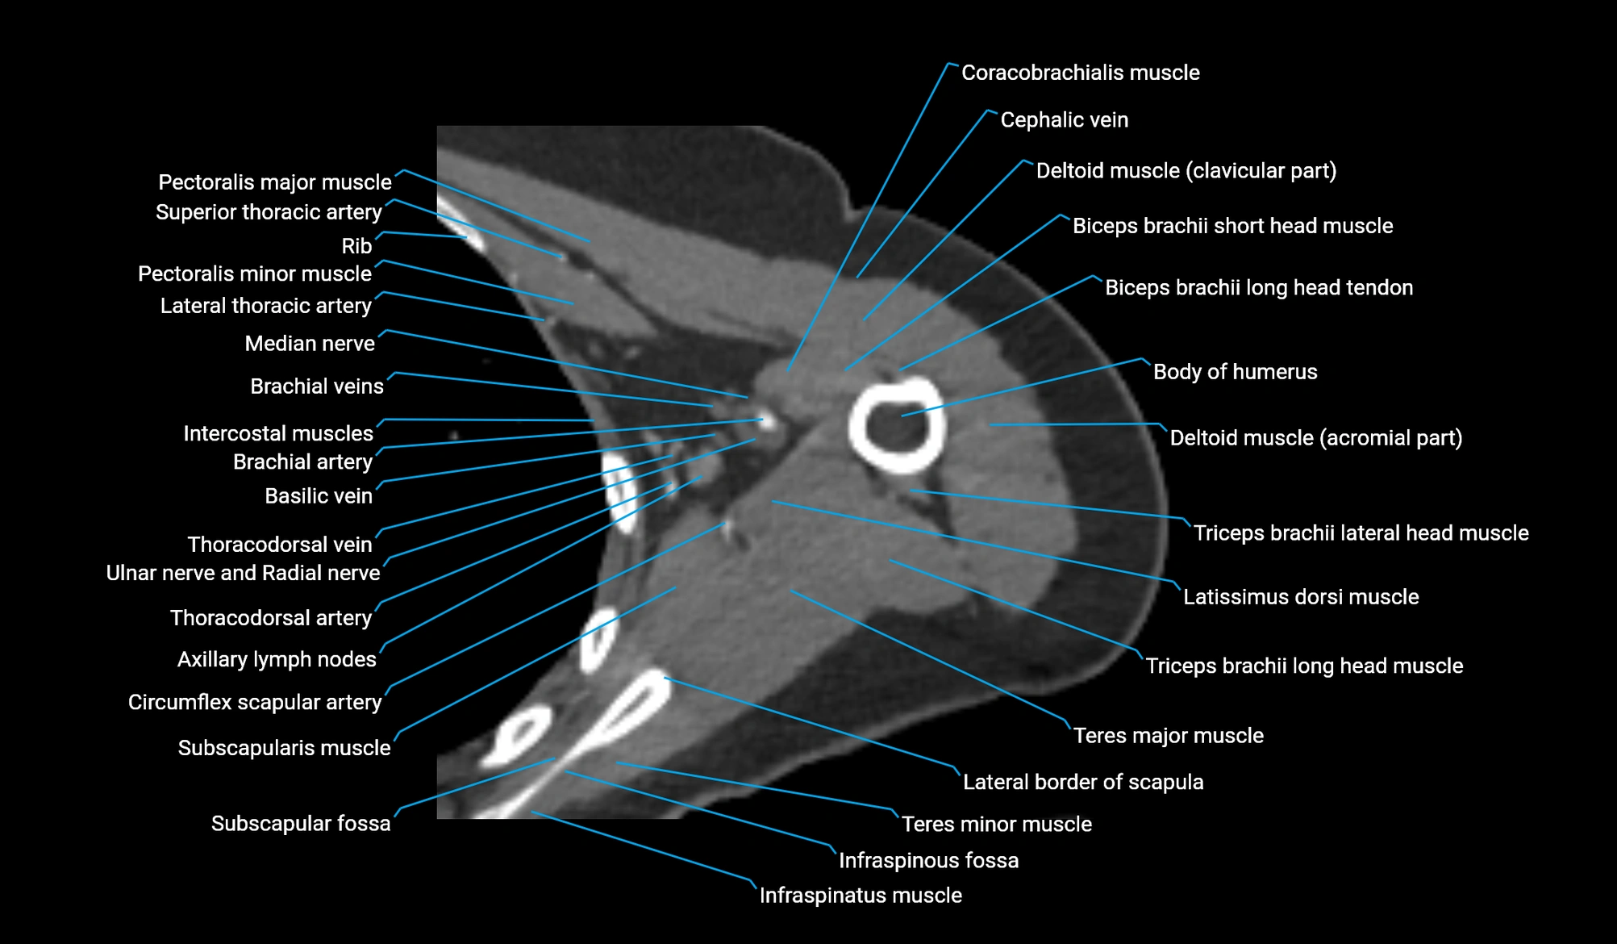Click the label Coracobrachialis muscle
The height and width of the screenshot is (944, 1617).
pyautogui.click(x=1080, y=73)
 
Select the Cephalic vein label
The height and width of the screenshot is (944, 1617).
pyautogui.click(x=1064, y=120)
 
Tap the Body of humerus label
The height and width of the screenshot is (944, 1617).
pyautogui.click(x=1235, y=372)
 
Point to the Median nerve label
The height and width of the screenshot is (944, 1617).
pyautogui.click(x=310, y=344)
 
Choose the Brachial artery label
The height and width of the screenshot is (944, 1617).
pyautogui.click(x=302, y=462)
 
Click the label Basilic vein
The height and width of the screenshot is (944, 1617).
pyautogui.click(x=319, y=496)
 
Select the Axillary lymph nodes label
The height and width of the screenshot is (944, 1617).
pyautogui.click(x=277, y=660)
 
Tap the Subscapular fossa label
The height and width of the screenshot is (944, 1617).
pyautogui.click(x=301, y=824)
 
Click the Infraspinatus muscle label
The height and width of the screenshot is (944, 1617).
pyautogui.click(x=861, y=896)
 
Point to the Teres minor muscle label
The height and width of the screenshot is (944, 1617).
pyautogui.click(x=996, y=825)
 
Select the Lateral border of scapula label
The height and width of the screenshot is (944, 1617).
pyautogui.click(x=1082, y=783)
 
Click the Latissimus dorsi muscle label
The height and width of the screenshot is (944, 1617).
pyautogui.click(x=1300, y=597)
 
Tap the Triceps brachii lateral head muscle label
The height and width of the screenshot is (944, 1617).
pyautogui.click(x=1361, y=533)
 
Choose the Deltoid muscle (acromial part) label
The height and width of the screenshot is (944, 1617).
pyautogui.click(x=1315, y=438)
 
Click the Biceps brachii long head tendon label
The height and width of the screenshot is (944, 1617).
pyautogui.click(x=1258, y=288)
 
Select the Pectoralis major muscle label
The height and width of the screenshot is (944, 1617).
pyautogui.click(x=275, y=182)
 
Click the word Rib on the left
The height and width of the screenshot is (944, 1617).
pyautogui.click(x=356, y=246)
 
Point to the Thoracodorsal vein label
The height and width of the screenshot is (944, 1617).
pyautogui.click(x=280, y=545)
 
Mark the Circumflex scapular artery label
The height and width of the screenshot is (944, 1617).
pyautogui.click(x=255, y=703)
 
